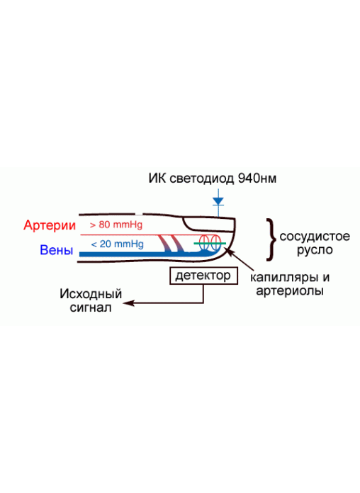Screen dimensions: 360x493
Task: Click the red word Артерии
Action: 50,225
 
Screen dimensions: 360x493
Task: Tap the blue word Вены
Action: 57,250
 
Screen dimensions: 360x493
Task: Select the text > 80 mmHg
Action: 116,225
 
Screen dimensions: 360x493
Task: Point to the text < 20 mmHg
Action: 118,244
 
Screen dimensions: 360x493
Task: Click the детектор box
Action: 203,276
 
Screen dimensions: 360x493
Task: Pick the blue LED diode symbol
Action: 218,201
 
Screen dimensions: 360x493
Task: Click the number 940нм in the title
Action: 257,178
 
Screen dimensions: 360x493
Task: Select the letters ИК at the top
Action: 157,178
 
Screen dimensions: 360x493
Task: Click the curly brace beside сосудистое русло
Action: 271,239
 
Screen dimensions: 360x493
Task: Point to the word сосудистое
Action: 315,237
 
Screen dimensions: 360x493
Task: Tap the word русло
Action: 315,250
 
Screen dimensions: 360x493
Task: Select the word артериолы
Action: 290,290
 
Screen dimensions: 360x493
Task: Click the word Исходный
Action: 91,294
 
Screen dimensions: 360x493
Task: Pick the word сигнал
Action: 91,307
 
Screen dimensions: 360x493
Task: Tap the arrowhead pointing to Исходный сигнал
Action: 128,303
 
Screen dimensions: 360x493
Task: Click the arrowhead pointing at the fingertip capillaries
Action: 229,251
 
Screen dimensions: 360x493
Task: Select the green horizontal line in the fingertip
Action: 210,244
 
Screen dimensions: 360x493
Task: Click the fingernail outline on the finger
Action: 208,229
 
